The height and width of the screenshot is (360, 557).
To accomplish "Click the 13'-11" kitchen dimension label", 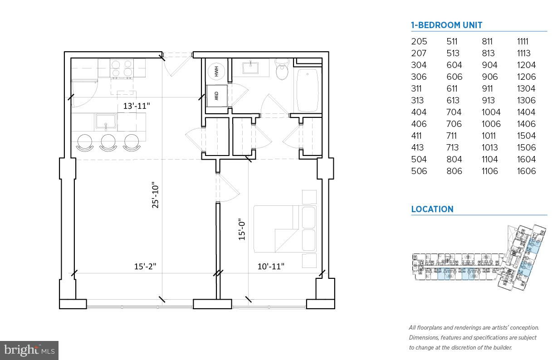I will [x=136, y=106].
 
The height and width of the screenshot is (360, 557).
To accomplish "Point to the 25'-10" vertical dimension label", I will [x=156, y=196].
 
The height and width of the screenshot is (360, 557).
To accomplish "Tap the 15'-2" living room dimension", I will [x=145, y=266].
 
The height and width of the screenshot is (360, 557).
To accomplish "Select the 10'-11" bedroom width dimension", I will [x=271, y=266].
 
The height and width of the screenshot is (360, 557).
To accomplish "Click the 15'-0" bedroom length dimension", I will [x=242, y=229].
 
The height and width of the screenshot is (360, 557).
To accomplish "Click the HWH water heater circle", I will [x=215, y=72].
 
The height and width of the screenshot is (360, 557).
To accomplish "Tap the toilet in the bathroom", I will [x=282, y=71].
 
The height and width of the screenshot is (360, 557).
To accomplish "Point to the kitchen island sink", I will [x=106, y=121].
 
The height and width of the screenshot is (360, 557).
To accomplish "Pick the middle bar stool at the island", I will [x=108, y=142].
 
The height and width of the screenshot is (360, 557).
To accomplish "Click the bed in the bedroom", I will [x=284, y=229].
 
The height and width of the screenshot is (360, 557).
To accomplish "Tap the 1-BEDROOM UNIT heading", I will [x=446, y=25].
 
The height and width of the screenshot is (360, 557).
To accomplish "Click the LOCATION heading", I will [x=432, y=209].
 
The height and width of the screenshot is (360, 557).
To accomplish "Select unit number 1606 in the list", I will [x=526, y=171].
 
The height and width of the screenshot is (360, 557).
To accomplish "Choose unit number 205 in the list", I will [x=419, y=42].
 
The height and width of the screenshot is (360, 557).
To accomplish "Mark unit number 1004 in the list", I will [x=491, y=112].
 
